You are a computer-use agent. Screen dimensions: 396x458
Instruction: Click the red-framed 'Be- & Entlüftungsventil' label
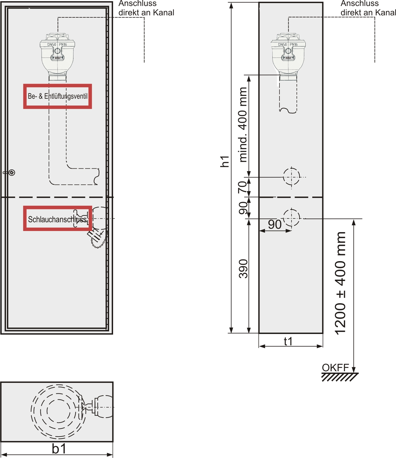click(x=58, y=96)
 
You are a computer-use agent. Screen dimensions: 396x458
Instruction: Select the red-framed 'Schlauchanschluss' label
click(x=58, y=218)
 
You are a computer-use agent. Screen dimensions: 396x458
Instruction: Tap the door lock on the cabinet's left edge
click(x=10, y=172)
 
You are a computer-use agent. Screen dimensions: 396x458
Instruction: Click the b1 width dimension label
click(x=59, y=449)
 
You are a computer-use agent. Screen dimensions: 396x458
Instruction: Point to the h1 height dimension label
click(x=225, y=161)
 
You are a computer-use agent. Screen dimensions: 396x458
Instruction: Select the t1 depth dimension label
click(x=288, y=341)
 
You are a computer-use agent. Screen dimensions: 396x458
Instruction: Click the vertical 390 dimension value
click(x=243, y=269)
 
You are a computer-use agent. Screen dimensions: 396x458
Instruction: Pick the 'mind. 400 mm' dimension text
click(x=243, y=125)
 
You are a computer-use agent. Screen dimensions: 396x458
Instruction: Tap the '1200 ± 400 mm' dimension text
click(x=340, y=283)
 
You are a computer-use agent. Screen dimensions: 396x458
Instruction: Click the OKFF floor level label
click(x=335, y=368)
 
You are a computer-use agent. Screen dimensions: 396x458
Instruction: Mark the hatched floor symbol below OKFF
click(x=340, y=377)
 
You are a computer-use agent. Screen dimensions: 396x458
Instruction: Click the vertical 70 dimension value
click(x=242, y=187)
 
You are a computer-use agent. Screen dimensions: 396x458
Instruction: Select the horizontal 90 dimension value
click(x=275, y=224)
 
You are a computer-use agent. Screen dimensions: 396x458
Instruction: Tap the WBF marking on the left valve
click(x=58, y=58)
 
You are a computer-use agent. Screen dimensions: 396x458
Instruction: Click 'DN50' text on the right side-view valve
click(x=282, y=44)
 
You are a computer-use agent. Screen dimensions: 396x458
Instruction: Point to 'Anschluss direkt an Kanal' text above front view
click(x=146, y=8)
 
